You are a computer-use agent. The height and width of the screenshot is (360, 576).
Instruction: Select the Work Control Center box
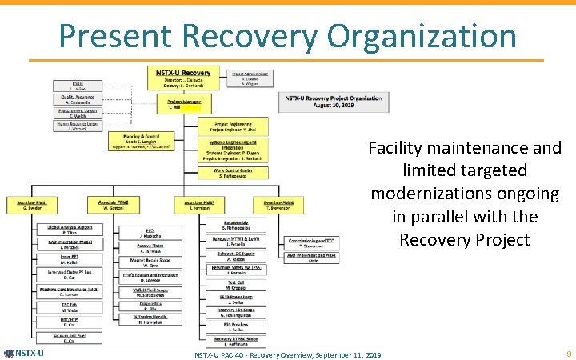click(234, 173)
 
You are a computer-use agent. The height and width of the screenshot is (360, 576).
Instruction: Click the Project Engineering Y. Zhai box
click(234, 126)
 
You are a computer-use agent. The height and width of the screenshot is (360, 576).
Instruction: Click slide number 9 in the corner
click(567, 353)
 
